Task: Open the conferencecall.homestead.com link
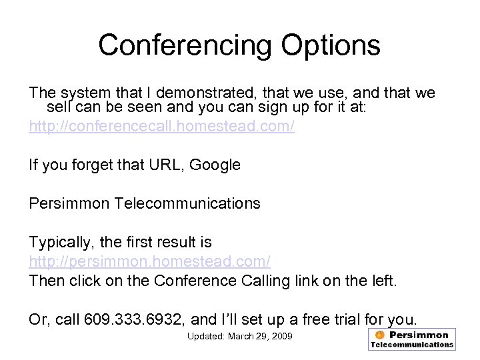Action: coord(161,127)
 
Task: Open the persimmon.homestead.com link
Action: coord(149,261)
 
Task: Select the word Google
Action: coord(215,165)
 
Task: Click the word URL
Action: coord(167,165)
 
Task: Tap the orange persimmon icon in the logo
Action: coord(380,335)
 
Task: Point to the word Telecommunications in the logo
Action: coord(411,345)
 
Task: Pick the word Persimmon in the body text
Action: coord(69,203)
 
